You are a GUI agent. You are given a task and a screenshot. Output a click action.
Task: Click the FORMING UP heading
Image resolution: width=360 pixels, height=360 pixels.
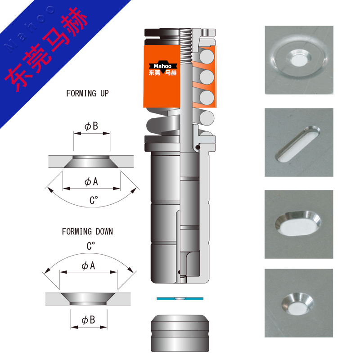[x=87, y=94]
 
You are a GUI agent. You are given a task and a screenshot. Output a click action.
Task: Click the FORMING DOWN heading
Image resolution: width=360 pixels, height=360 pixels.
[x=87, y=231]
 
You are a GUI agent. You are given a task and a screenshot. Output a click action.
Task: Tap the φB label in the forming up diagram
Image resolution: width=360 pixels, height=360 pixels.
[x=91, y=126]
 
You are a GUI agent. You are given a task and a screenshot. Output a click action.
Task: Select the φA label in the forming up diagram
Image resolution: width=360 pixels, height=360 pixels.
[x=91, y=182]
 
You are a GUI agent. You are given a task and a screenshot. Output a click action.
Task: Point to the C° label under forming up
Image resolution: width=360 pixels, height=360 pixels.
[x=94, y=200]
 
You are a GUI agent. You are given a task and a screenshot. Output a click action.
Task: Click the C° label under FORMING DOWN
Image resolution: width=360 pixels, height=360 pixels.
[x=91, y=246]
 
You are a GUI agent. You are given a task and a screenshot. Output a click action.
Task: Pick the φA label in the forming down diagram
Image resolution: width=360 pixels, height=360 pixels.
[x=88, y=265]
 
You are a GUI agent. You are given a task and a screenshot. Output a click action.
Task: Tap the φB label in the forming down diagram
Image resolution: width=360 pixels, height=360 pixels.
[x=88, y=320]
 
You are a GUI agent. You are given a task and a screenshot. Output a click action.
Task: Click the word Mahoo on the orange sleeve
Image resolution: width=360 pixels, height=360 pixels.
[x=162, y=66]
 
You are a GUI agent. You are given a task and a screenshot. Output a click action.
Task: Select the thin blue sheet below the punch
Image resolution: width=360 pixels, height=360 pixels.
[x=180, y=299]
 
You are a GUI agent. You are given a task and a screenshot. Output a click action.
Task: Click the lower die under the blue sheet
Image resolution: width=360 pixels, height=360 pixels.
[x=180, y=333]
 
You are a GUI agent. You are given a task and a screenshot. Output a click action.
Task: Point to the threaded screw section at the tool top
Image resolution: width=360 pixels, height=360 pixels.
[x=186, y=46]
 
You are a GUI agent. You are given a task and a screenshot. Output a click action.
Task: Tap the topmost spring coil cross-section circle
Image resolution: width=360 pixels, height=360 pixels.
[x=207, y=57]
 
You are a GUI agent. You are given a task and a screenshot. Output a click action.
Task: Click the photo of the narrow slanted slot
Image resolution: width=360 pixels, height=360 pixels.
[x=299, y=142]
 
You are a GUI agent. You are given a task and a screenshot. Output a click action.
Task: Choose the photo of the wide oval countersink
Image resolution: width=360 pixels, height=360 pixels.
[x=299, y=224]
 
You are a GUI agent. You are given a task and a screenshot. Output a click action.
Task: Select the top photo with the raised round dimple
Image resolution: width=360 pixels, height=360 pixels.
[x=299, y=60]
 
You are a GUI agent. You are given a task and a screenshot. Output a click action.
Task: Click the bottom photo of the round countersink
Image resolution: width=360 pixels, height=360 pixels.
[x=299, y=303]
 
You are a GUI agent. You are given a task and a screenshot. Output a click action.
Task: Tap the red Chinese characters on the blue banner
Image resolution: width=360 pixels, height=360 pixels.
[x=46, y=49]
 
